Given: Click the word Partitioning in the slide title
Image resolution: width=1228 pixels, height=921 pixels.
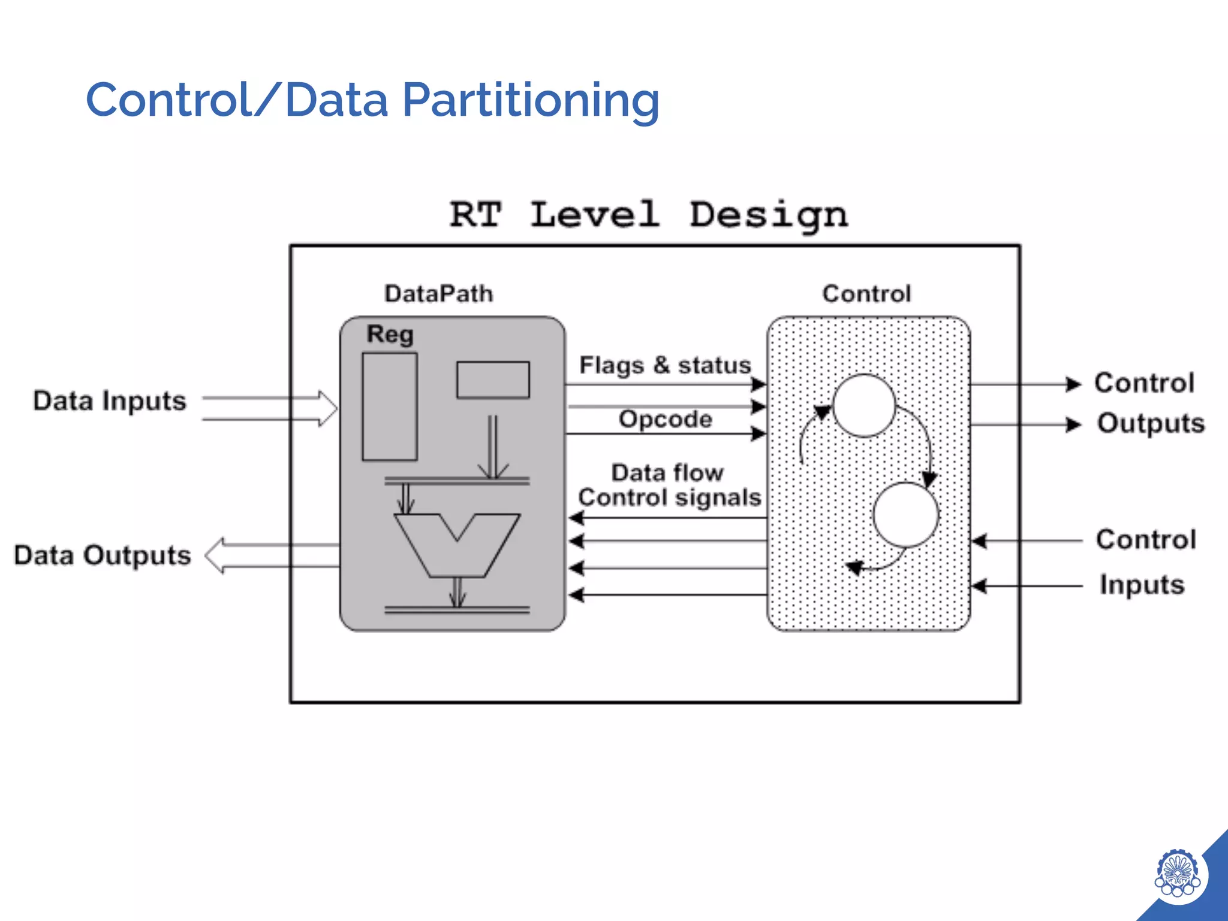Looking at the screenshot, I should [x=531, y=101].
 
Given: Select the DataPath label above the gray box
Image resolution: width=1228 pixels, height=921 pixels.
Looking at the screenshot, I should [x=438, y=294].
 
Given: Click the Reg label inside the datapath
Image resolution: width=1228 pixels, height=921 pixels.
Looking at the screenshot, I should [x=390, y=335].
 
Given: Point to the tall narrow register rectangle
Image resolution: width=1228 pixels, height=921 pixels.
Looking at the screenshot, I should [x=390, y=407].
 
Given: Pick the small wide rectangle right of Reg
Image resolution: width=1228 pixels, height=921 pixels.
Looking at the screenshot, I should [x=493, y=380].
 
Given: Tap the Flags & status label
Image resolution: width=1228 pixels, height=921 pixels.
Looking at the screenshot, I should [x=664, y=365].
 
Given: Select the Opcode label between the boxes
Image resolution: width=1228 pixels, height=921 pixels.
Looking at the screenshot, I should [x=665, y=419].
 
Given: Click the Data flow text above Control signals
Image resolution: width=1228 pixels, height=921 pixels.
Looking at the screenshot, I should [x=667, y=472].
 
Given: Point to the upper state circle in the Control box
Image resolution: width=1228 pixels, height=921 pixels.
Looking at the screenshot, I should [x=864, y=405].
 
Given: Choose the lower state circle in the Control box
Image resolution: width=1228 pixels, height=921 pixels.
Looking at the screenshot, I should [x=905, y=514].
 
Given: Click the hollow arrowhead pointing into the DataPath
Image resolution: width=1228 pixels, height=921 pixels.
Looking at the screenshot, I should [x=327, y=408].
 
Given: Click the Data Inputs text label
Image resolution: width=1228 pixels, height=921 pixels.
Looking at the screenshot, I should [x=110, y=401].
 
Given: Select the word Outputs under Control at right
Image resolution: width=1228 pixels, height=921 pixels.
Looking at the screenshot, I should [x=1151, y=423].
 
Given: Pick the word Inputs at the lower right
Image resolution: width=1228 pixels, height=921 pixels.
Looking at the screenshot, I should [x=1142, y=585].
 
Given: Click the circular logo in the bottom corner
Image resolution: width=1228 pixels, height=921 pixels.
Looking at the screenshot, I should [x=1177, y=873].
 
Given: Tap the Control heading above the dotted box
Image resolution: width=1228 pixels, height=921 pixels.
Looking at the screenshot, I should [x=866, y=294].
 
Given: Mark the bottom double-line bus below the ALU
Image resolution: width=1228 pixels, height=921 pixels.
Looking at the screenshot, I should [x=457, y=610].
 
